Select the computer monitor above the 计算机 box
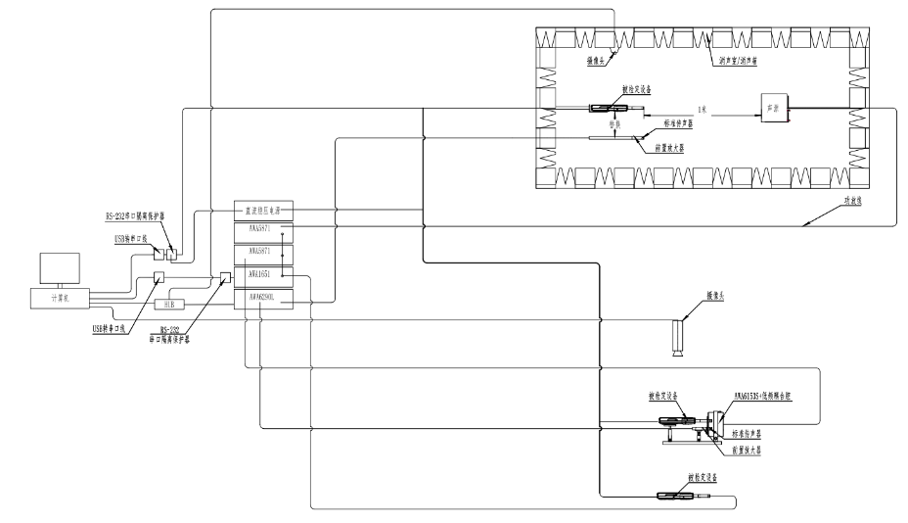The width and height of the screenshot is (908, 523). [x=60, y=268]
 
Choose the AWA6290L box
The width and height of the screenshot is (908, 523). [x=263, y=297]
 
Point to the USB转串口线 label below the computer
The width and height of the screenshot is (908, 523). [x=102, y=328]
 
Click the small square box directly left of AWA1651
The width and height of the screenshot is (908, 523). [x=226, y=276]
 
